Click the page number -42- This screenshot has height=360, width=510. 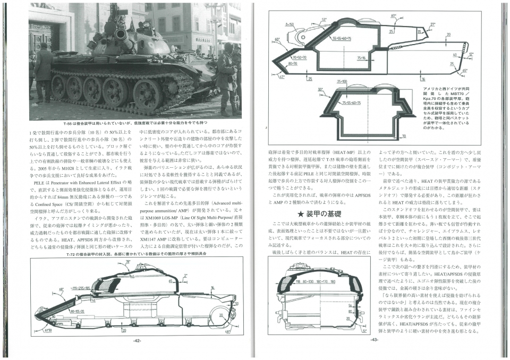pyautogui.click(x=137, y=340)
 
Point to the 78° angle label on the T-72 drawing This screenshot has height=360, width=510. pyautogui.click(x=127, y=262)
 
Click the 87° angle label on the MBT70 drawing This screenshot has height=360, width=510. pyautogui.click(x=394, y=16)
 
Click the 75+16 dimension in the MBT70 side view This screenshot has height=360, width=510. pyautogui.click(x=362, y=58)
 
